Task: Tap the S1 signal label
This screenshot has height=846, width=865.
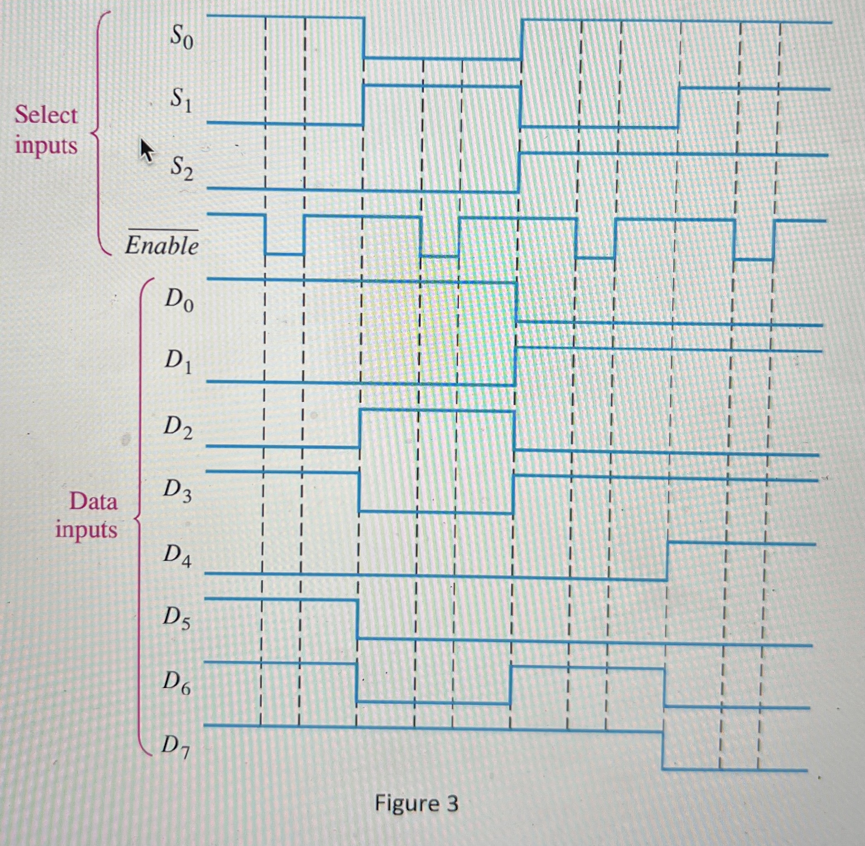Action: point(181,101)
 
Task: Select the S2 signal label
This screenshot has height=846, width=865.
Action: point(181,168)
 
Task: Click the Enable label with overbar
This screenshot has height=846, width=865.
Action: point(161,244)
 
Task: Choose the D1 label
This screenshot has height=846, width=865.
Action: point(178,362)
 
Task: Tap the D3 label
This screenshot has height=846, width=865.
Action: point(177,491)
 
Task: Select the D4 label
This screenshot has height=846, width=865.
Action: point(177,555)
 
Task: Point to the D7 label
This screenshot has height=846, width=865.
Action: point(175,747)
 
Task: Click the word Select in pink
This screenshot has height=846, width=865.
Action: point(46,115)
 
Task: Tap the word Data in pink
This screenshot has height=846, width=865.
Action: point(93,502)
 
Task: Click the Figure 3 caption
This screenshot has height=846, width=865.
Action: point(416,803)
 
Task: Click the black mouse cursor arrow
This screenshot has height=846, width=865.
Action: point(147,150)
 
